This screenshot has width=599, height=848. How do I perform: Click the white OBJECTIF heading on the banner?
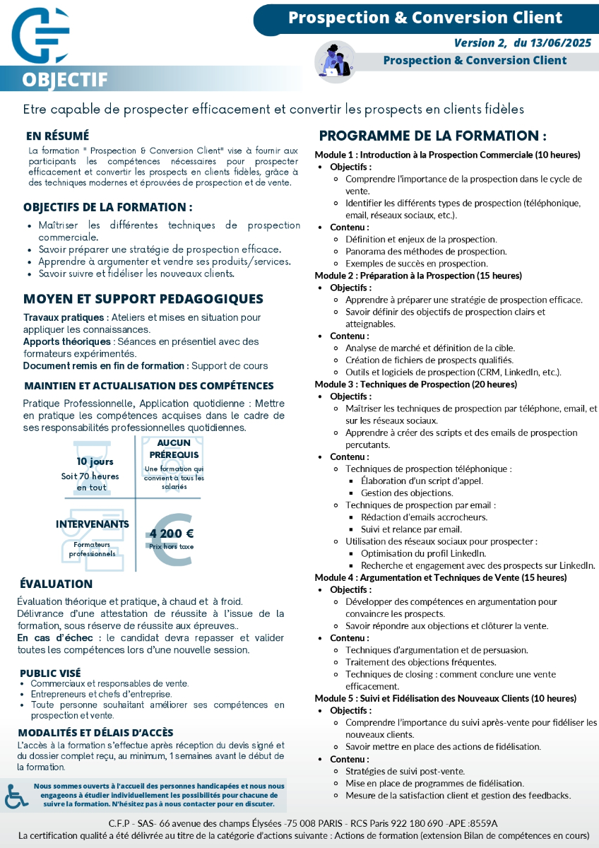(x=65, y=79)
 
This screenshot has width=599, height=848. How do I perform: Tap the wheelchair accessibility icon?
(x=16, y=796)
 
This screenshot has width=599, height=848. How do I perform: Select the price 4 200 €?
(x=172, y=534)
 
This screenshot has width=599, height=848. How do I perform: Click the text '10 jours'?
(x=95, y=461)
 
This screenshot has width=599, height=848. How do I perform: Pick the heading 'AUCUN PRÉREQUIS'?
(x=174, y=449)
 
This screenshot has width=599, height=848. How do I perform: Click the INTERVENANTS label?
(x=93, y=524)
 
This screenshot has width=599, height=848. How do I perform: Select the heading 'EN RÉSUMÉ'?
(x=58, y=136)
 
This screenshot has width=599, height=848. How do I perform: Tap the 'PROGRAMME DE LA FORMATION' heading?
(x=432, y=136)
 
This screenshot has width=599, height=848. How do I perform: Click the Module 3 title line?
(x=415, y=384)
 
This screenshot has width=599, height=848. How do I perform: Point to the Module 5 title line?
(x=445, y=698)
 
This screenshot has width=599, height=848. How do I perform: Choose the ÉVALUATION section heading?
(x=56, y=584)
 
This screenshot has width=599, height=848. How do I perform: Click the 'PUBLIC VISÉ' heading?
(x=50, y=673)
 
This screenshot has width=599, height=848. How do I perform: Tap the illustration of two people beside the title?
(x=331, y=59)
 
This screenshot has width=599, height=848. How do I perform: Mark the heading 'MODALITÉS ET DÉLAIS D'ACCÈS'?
(x=95, y=733)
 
